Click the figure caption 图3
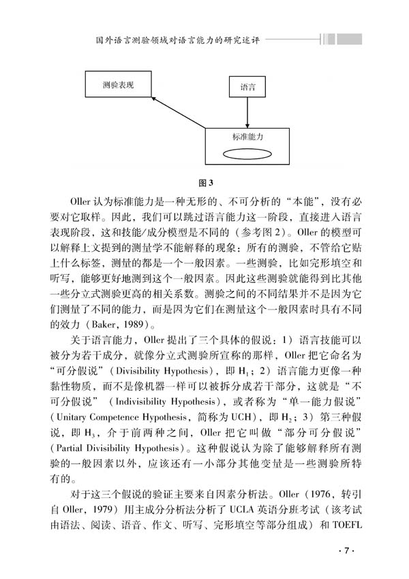coord(205,182)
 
